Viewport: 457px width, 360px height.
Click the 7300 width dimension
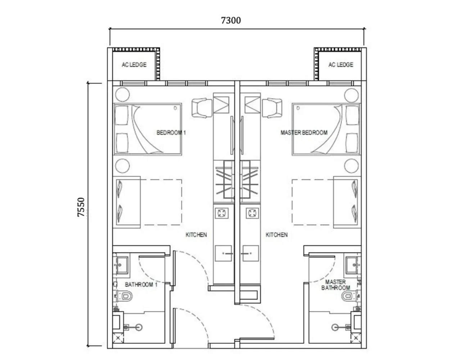pyautogui.click(x=231, y=20)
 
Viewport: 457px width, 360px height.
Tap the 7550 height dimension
pyautogui.click(x=82, y=207)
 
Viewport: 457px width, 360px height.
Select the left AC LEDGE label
pyautogui.click(x=134, y=65)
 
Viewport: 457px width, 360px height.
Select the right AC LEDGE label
pyautogui.click(x=340, y=65)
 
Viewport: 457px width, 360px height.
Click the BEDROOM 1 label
pyautogui.click(x=171, y=132)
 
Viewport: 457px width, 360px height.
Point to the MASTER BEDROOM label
pyautogui.click(x=304, y=132)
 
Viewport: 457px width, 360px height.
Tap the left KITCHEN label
pyautogui.click(x=196, y=235)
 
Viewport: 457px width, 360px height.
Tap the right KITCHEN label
pyautogui.click(x=276, y=235)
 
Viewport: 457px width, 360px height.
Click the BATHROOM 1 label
pyautogui.click(x=141, y=285)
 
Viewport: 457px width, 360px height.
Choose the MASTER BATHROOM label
pyautogui.click(x=335, y=285)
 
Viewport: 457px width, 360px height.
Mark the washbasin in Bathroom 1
pyautogui.click(x=121, y=264)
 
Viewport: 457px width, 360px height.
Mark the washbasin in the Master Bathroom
pyautogui.click(x=352, y=264)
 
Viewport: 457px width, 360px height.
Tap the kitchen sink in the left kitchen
pyautogui.click(x=224, y=253)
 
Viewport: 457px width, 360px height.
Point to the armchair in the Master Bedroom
pyautogui.click(x=272, y=108)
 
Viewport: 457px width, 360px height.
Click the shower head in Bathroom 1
pyautogui.click(x=138, y=327)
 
